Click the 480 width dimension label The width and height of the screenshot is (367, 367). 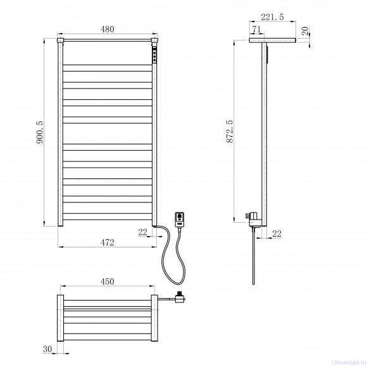[x=108, y=29]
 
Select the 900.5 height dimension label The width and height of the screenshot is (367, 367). [x=40, y=132]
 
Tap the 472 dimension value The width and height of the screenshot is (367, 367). [x=108, y=242]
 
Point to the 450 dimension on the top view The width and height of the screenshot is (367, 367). [x=108, y=282]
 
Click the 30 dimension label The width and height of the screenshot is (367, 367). [x=47, y=349]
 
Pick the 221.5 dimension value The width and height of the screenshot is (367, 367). [x=272, y=17]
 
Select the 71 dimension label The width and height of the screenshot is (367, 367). [x=256, y=29]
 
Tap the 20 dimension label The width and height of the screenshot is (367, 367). [x=305, y=31]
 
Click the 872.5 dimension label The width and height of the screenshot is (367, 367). [x=230, y=132]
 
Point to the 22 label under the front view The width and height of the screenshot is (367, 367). [x=142, y=232]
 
